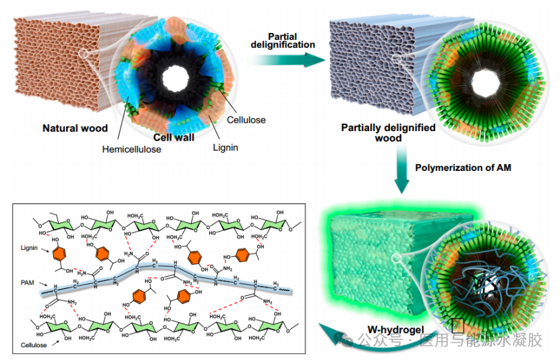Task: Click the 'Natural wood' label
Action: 71,128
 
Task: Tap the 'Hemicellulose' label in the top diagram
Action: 132,149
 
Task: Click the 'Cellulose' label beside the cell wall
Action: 244,120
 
